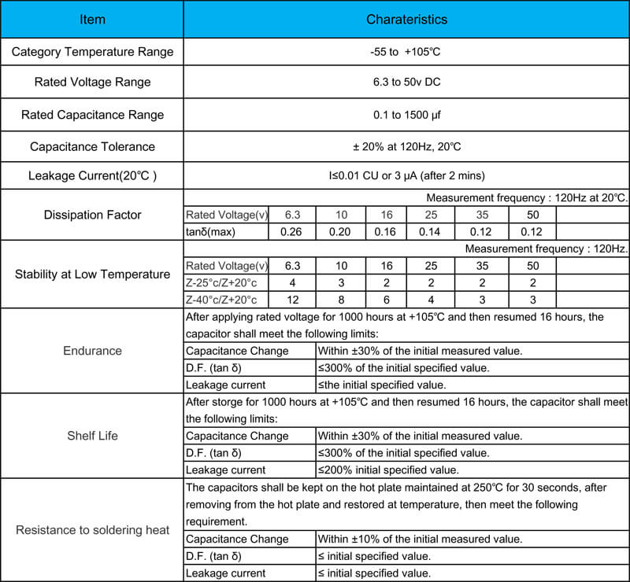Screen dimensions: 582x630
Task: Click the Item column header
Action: pyautogui.click(x=92, y=19)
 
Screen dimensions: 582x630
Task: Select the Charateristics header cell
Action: pyautogui.click(x=406, y=19)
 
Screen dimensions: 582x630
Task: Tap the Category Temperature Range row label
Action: pyautogui.click(x=92, y=53)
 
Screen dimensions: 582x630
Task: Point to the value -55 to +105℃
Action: pyautogui.click(x=406, y=53)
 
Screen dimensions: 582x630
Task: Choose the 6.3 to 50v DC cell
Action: pyautogui.click(x=406, y=83)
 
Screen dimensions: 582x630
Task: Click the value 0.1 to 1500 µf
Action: pyautogui.click(x=406, y=115)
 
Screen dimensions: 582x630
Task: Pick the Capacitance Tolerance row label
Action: pyautogui.click(x=92, y=146)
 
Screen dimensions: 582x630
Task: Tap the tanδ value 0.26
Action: pyautogui.click(x=293, y=231)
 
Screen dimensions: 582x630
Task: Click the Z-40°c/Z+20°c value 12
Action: pyautogui.click(x=293, y=300)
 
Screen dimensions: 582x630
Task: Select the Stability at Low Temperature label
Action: pyautogui.click(x=92, y=274)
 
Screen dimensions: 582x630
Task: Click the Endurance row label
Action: pyautogui.click(x=92, y=351)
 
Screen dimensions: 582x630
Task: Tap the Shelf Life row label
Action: pyautogui.click(x=92, y=436)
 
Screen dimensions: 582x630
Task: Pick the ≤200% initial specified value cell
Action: pyautogui.click(x=387, y=470)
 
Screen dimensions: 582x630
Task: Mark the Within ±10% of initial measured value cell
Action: pyautogui.click(x=419, y=539)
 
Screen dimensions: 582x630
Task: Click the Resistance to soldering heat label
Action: pyautogui.click(x=92, y=530)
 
